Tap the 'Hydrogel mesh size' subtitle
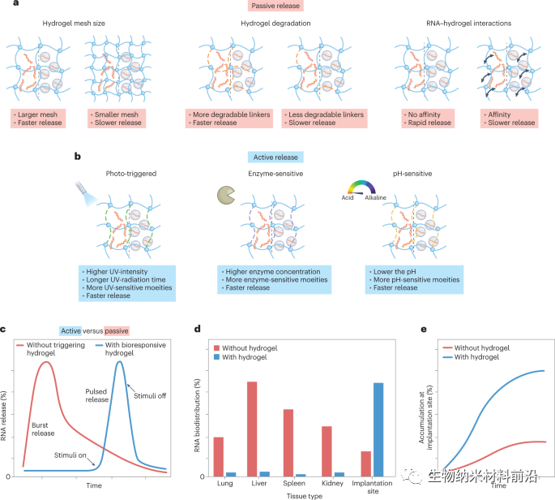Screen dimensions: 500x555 click(x=75, y=24)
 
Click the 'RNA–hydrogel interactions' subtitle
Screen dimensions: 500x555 click(x=467, y=24)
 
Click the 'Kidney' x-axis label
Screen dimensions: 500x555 click(x=331, y=485)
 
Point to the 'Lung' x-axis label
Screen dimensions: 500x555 click(x=224, y=485)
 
